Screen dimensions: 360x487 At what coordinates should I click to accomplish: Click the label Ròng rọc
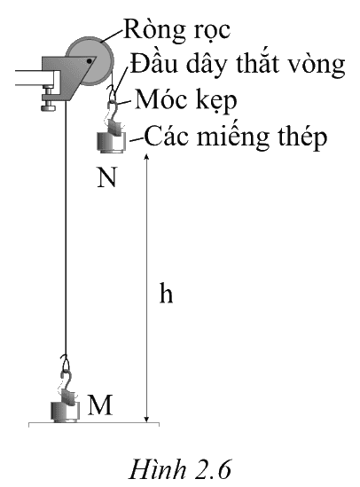(177, 30)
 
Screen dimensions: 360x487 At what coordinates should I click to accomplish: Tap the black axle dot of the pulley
(90, 61)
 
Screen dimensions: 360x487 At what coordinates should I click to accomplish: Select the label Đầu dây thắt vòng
(238, 64)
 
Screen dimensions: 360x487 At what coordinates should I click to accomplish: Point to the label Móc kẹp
(186, 100)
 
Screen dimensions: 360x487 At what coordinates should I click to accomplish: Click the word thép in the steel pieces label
(302, 137)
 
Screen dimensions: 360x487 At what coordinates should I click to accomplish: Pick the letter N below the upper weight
(106, 177)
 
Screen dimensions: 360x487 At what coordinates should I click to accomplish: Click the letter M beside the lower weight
(100, 405)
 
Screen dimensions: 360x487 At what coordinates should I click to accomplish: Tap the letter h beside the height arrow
(166, 293)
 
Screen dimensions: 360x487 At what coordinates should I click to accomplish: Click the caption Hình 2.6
(180, 469)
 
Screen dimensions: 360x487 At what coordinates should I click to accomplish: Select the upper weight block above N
(112, 142)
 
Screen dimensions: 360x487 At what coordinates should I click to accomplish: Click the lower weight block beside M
(66, 412)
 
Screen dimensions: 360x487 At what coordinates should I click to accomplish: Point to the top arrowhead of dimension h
(147, 156)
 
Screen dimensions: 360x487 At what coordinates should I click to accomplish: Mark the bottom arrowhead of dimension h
(147, 420)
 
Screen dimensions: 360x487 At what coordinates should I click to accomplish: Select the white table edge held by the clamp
(36, 78)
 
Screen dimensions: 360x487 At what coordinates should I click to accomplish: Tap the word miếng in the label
(233, 137)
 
